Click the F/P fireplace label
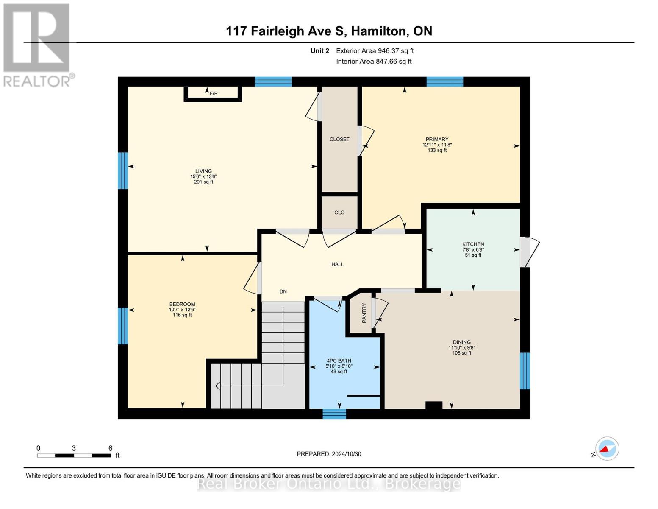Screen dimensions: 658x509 (x=214, y=93)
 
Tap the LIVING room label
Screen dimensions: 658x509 (x=203, y=171)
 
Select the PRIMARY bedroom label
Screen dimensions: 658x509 (x=437, y=139)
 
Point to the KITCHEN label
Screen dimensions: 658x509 (x=473, y=244)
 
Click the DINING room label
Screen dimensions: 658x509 (x=462, y=342)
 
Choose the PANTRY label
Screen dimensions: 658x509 (x=364, y=313)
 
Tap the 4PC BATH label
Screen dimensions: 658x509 (x=339, y=361)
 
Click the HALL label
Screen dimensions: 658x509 (x=337, y=264)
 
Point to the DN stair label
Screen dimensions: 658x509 (x=283, y=292)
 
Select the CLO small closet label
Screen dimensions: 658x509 (x=339, y=213)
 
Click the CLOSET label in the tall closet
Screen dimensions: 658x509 (x=339, y=139)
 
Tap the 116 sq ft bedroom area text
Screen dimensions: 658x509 (x=182, y=315)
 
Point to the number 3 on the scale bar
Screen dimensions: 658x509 (x=74, y=448)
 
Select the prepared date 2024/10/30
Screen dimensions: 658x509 (x=347, y=454)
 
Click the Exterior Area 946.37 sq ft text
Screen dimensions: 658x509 (x=375, y=51)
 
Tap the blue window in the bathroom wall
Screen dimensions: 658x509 (x=334, y=414)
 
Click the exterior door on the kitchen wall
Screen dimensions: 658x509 (x=529, y=252)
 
